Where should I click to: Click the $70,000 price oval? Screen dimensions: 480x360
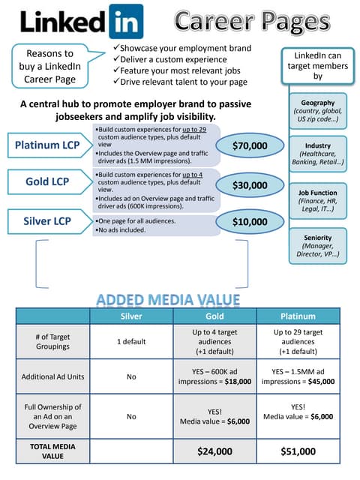[x=250, y=145]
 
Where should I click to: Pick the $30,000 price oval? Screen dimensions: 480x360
[x=250, y=184]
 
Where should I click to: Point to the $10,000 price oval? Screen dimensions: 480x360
[x=250, y=222]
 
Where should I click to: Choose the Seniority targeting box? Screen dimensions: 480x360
[x=318, y=245]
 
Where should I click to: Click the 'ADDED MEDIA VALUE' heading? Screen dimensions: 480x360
[x=168, y=300]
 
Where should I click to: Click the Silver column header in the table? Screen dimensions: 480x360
[x=131, y=316]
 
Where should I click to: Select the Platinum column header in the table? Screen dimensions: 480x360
[x=298, y=316]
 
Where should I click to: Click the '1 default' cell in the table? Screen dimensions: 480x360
[x=131, y=341]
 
